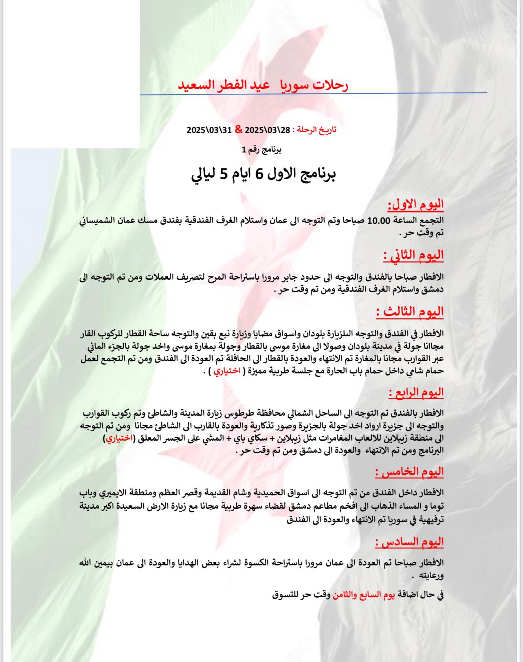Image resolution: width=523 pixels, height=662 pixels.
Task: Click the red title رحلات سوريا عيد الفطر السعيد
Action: pyautogui.click(x=263, y=85)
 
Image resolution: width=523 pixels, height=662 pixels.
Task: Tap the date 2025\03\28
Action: pyautogui.click(x=268, y=130)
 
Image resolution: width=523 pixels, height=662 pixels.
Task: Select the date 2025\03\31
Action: pyautogui.click(x=209, y=130)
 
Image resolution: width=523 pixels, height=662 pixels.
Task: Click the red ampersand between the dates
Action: pyautogui.click(x=239, y=130)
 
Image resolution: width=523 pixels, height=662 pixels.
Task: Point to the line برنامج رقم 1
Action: pyautogui.click(x=261, y=150)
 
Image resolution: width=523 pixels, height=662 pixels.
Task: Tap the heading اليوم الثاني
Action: pyautogui.click(x=413, y=255)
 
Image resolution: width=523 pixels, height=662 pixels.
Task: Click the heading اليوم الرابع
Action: pyautogui.click(x=416, y=393)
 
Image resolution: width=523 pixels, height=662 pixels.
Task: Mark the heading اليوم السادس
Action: pyautogui.click(x=409, y=542)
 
